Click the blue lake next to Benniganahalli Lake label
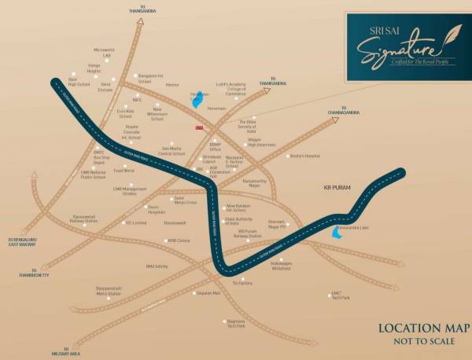(x=337, y=233)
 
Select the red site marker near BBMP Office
(x=199, y=127)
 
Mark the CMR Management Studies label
(x=130, y=191)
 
